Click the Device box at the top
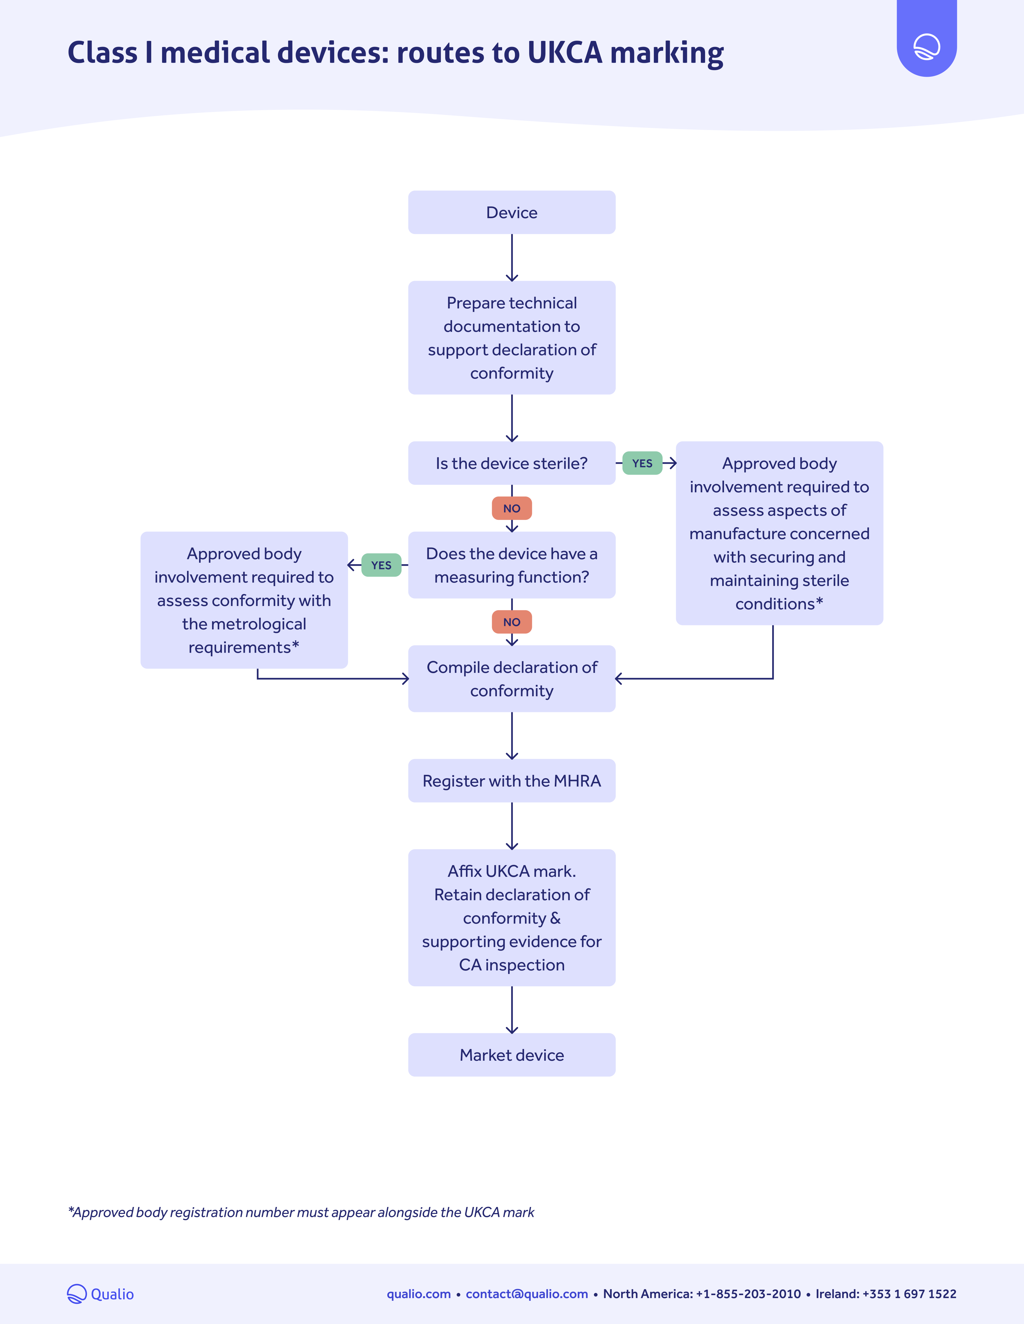tap(511, 212)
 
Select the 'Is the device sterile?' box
tap(511, 463)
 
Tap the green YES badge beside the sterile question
tap(642, 463)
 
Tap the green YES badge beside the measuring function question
tap(381, 565)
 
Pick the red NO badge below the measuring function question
tap(511, 622)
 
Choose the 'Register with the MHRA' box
tap(511, 781)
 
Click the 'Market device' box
tap(511, 1055)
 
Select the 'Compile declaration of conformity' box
tap(511, 678)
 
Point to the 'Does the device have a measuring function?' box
tap(511, 565)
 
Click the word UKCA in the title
tap(565, 53)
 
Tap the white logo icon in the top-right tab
tap(926, 47)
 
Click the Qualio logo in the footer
tap(100, 1294)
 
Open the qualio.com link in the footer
tap(419, 1294)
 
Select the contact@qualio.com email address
tap(526, 1294)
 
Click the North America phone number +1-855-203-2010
tap(748, 1294)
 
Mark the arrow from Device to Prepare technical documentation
tap(511, 258)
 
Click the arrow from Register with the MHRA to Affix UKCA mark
tap(511, 826)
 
